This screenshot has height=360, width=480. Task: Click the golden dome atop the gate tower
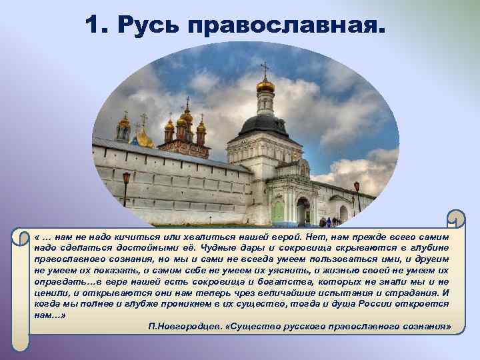click(x=265, y=85)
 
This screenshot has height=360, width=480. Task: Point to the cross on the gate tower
click(x=265, y=68)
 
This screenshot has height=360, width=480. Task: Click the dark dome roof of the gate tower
click(x=265, y=124)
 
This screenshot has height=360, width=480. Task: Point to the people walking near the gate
click(x=327, y=221)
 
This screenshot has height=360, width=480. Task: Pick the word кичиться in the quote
click(x=117, y=238)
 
